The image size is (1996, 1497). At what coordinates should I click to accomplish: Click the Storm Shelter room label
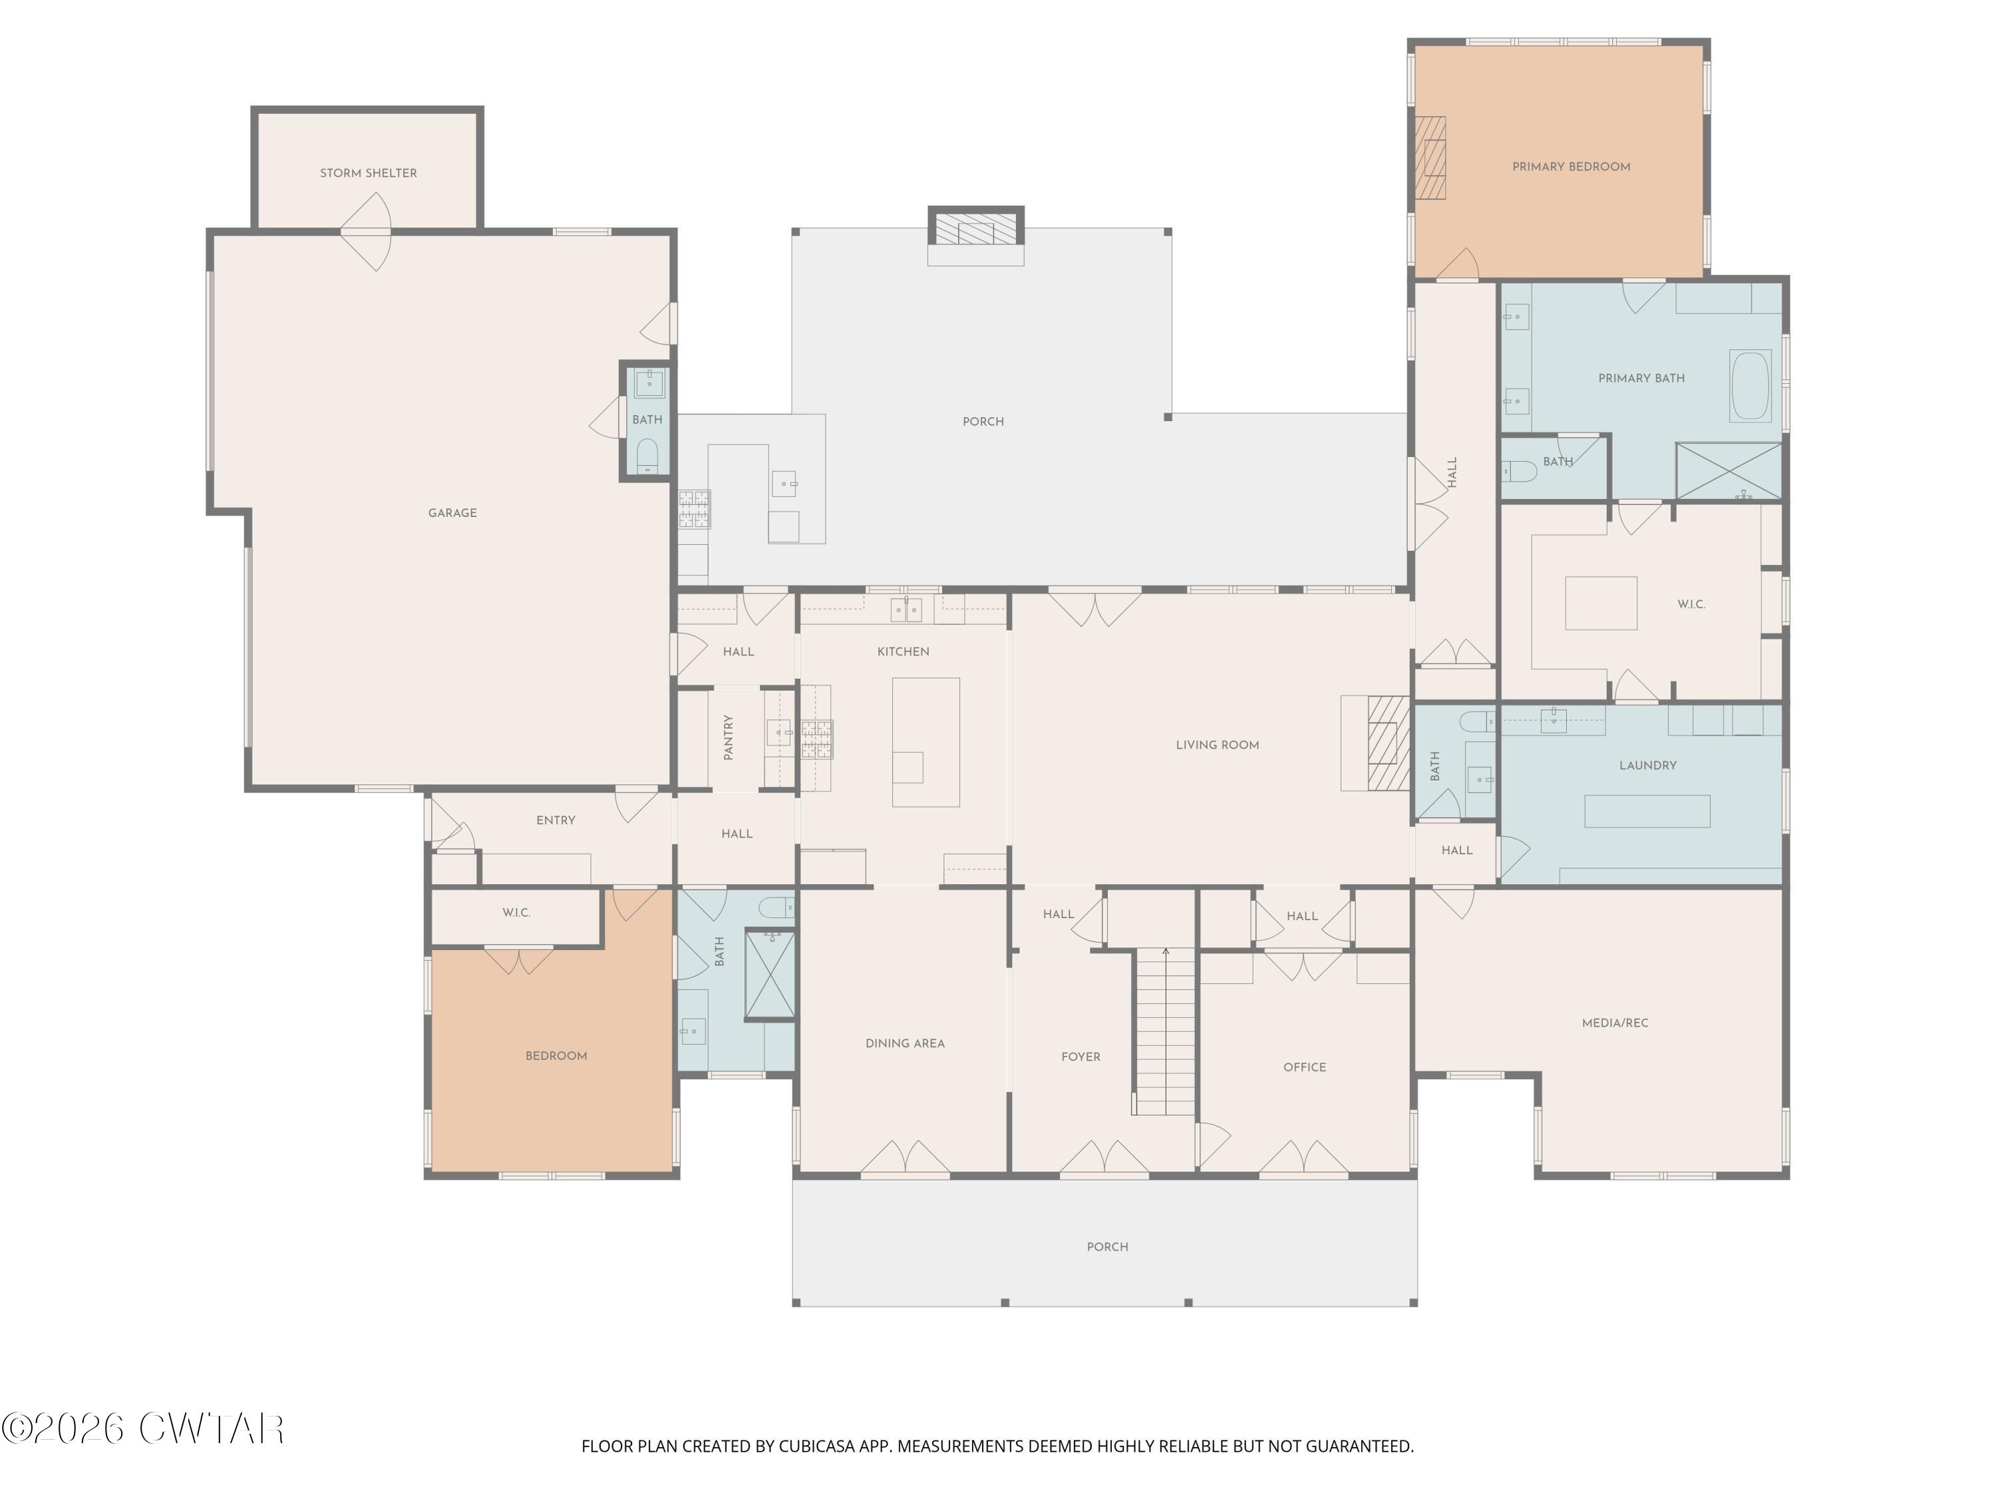(368, 173)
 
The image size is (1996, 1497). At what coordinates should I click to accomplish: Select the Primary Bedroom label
(1571, 167)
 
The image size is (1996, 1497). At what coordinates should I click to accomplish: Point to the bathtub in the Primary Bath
(1750, 386)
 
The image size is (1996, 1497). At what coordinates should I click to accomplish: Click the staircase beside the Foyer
(1165, 1031)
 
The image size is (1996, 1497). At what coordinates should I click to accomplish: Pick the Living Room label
(1218, 745)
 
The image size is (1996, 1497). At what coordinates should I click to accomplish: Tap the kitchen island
(926, 742)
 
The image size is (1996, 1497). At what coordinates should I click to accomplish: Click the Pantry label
(728, 737)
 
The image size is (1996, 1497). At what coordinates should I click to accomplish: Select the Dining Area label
(905, 1044)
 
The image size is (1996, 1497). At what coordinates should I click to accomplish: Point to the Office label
(1305, 1067)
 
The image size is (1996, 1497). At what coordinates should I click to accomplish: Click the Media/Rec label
(1615, 1023)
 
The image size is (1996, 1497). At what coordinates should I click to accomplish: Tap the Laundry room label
(1647, 766)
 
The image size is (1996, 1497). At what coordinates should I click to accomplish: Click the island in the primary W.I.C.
(1601, 603)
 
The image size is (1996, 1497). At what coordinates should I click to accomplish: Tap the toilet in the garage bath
(647, 456)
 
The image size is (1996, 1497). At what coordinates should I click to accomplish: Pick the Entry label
(556, 821)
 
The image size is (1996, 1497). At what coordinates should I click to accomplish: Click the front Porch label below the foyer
(1107, 1247)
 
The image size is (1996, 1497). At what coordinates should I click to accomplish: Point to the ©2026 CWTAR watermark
(142, 1428)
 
